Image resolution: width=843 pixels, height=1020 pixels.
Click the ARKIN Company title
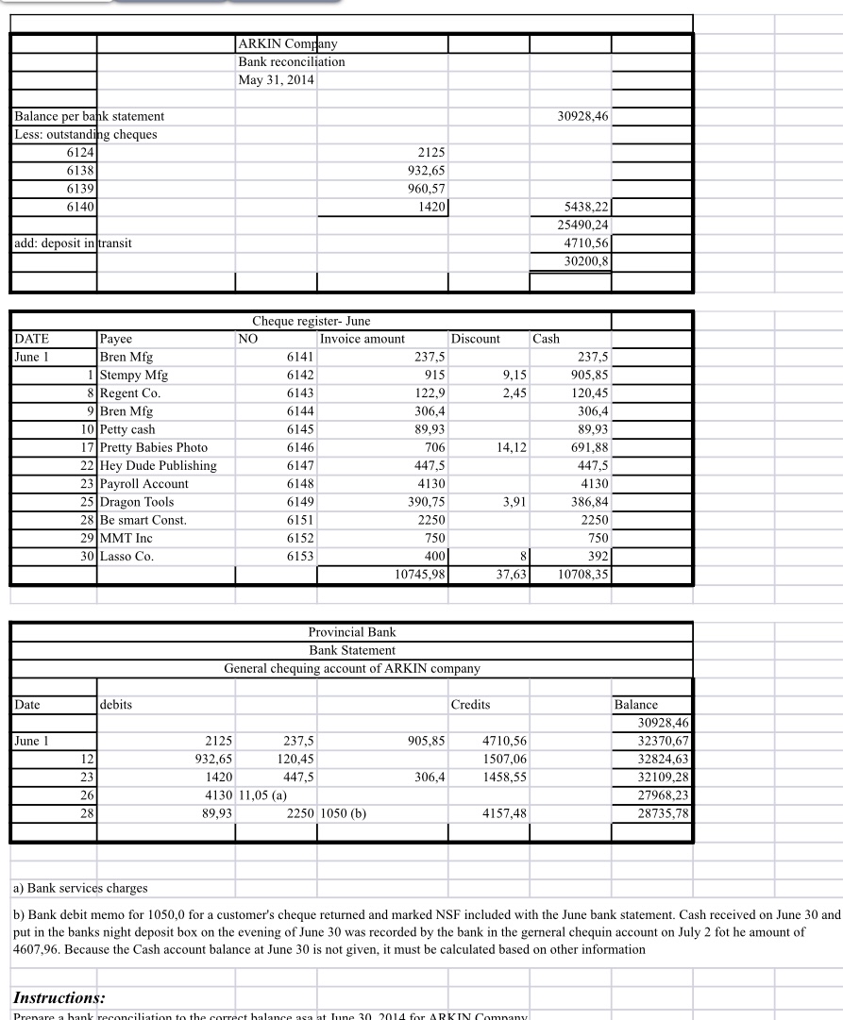[288, 43]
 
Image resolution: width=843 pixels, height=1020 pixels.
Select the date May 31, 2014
[276, 79]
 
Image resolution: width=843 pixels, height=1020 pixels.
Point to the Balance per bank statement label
[89, 116]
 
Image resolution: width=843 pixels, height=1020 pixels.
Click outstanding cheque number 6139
[80, 188]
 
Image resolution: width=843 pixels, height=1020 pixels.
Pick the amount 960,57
[425, 188]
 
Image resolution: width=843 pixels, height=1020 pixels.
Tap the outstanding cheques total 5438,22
[586, 206]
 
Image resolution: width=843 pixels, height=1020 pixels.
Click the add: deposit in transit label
[73, 242]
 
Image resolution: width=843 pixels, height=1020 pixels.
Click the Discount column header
[476, 339]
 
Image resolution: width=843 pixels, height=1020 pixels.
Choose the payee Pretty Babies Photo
[154, 447]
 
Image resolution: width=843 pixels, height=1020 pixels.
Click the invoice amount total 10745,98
[417, 574]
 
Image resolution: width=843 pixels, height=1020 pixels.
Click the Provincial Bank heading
[351, 632]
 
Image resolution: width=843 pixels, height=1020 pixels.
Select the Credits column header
[470, 705]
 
